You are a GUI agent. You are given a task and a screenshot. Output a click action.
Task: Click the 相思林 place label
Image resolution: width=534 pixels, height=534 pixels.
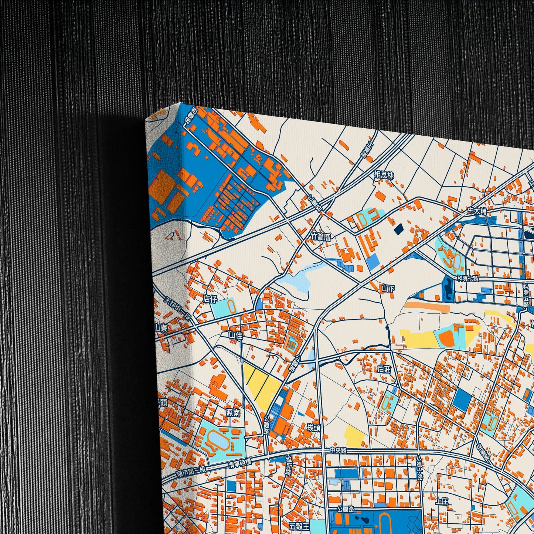coord(384,175)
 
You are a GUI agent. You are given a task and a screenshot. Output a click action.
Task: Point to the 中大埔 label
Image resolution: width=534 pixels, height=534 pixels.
coord(477,210)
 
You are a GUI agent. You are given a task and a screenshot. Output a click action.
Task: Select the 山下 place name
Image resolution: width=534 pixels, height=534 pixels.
coord(388,288)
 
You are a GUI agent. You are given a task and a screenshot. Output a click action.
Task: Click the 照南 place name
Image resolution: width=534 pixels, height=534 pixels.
coord(233,413)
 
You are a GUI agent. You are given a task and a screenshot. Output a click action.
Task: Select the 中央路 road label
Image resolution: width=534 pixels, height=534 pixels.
coord(338,450)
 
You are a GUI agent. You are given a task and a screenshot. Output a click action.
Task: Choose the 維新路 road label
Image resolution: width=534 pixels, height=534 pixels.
coord(289,466)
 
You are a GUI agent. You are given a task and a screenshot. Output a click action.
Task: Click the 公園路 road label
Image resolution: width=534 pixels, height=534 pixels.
coord(345,509)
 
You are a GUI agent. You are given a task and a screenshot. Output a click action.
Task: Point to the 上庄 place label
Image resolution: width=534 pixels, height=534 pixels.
coord(442,501)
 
